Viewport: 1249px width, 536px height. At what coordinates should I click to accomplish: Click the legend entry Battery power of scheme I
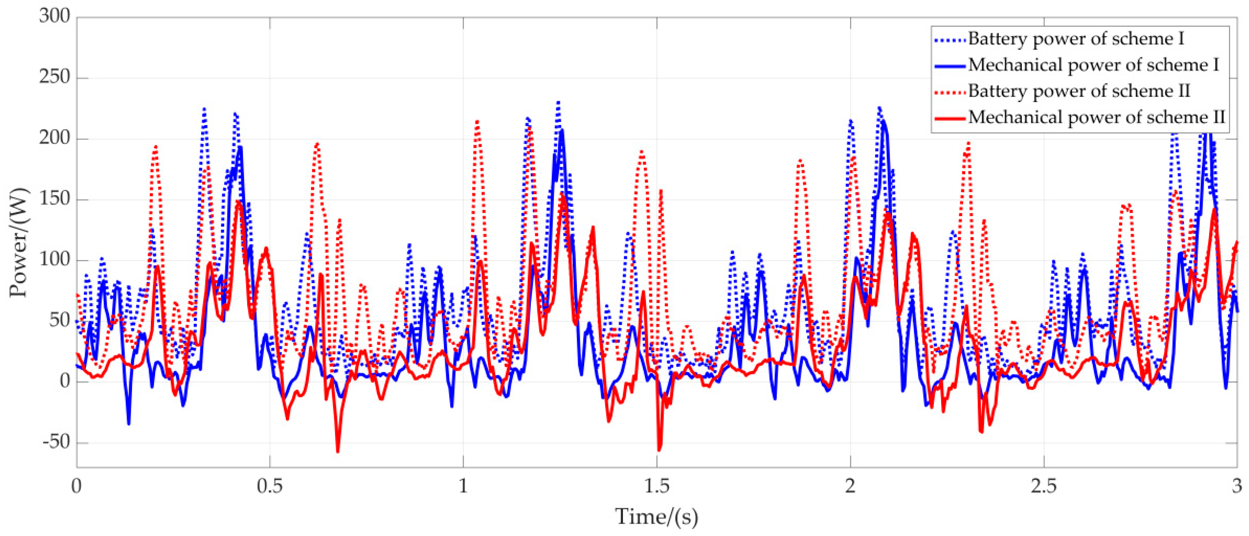click(x=1076, y=39)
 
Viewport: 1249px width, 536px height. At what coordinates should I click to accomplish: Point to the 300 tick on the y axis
click(x=54, y=16)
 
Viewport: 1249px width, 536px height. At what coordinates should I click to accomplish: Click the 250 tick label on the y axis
click(x=54, y=77)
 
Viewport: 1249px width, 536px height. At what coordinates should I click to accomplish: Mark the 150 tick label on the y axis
click(x=54, y=199)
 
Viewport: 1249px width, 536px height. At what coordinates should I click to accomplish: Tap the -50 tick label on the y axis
click(x=56, y=442)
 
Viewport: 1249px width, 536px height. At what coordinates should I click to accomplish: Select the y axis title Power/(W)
click(x=20, y=242)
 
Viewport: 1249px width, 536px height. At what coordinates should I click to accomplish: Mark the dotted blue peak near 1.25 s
click(x=558, y=102)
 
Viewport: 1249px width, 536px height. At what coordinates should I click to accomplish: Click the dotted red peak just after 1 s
click(x=477, y=121)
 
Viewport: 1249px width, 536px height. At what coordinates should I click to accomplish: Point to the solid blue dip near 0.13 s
click(x=129, y=424)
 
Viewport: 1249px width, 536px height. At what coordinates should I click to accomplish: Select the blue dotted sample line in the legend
click(x=949, y=39)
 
